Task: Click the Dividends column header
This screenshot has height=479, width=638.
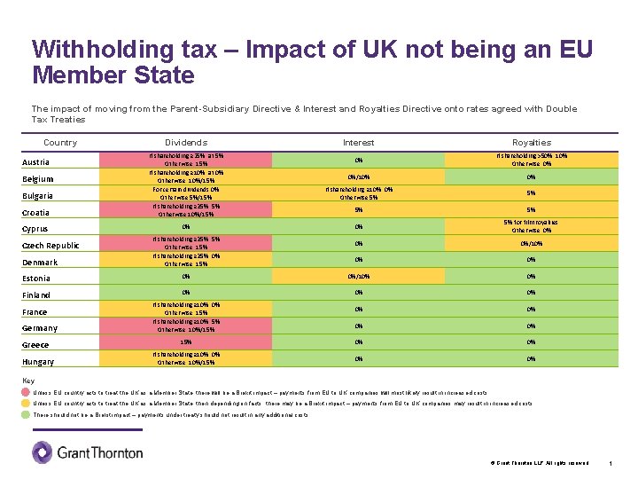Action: (x=186, y=142)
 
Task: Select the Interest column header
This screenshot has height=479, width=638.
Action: (x=358, y=142)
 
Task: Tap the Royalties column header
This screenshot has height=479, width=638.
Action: (x=532, y=142)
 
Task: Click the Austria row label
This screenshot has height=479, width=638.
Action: (x=36, y=162)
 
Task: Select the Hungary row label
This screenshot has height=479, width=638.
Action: (x=38, y=362)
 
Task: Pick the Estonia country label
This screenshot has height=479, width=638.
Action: (x=36, y=279)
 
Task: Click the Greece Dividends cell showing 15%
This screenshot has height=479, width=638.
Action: (x=186, y=342)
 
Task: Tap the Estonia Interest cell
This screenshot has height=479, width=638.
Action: (x=358, y=276)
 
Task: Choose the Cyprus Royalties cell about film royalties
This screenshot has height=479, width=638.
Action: (x=532, y=226)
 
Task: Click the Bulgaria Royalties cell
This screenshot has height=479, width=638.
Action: (x=532, y=192)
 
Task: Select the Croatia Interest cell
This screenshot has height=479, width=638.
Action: (x=358, y=209)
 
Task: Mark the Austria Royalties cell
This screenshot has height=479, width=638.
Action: (x=532, y=160)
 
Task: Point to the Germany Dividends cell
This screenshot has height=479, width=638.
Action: (x=186, y=326)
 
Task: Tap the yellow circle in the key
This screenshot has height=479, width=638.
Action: (x=27, y=404)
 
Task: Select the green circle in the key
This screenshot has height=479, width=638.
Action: (x=27, y=415)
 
